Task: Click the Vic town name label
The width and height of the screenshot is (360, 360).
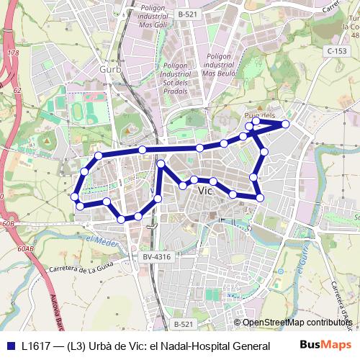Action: coord(205,192)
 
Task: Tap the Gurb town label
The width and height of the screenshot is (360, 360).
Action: coord(110,68)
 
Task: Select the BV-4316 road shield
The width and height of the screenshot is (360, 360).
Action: coord(156,256)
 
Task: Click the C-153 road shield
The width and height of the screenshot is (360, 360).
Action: coord(336,50)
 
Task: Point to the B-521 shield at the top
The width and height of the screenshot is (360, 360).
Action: coord(187,14)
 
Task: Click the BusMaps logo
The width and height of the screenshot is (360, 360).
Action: coord(325,344)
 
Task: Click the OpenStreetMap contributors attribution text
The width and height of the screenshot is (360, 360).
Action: coord(297,323)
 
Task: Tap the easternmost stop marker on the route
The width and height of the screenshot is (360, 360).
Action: coord(285,125)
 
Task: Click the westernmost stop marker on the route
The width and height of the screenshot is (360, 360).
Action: coord(74,197)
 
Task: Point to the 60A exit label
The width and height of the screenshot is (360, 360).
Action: coord(26,248)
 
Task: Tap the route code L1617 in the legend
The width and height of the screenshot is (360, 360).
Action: coord(35,345)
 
